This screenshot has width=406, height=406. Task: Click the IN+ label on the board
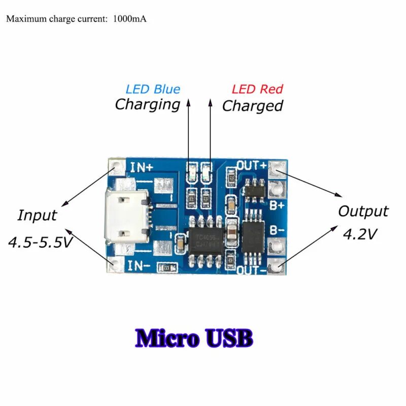point(142,167)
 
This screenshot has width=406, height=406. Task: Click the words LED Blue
point(153,89)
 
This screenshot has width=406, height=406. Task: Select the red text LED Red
point(257,89)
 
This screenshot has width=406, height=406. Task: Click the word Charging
point(148,105)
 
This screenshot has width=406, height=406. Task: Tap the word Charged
point(252,106)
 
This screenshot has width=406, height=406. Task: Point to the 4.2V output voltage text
point(360,234)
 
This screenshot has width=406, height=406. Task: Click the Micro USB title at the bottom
point(193,338)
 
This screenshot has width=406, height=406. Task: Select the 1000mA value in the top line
point(130,19)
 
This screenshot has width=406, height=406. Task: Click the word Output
point(363,211)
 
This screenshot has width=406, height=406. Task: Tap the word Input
point(37,215)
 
